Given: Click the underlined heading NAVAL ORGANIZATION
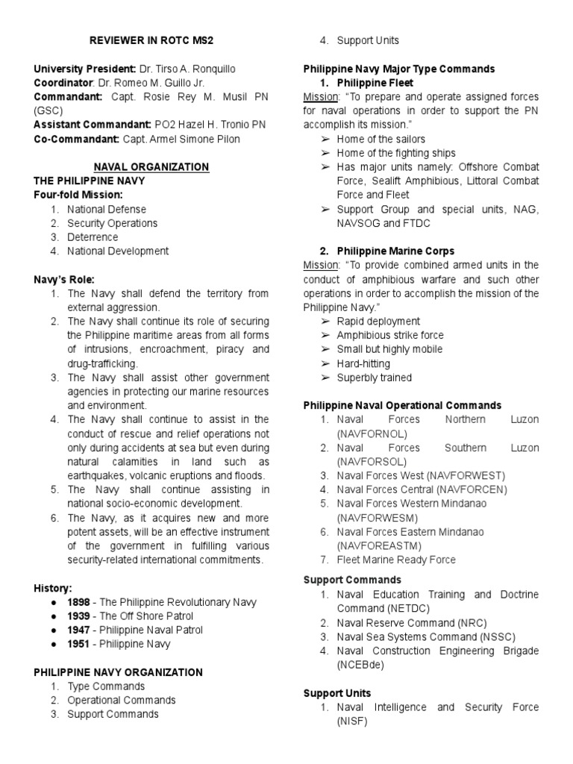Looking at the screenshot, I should [x=151, y=167].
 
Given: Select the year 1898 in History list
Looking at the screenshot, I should [x=81, y=601].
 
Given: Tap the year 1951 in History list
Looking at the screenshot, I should [x=81, y=644].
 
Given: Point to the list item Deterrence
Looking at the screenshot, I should [x=94, y=237].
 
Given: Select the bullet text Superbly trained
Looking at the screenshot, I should [x=374, y=378].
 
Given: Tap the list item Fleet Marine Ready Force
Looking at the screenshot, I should [x=396, y=560].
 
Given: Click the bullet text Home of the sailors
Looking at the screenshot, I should [x=381, y=139].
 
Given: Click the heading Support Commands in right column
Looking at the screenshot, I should [x=352, y=580].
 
